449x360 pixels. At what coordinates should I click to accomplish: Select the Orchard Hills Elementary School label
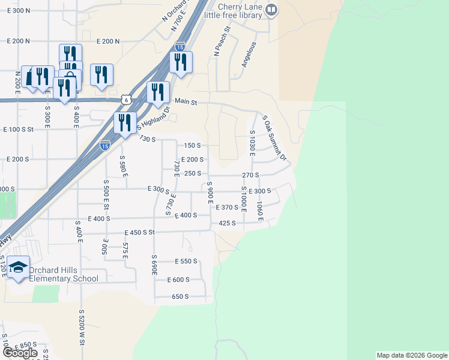click(64, 274)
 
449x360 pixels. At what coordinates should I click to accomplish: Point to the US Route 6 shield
click(124, 99)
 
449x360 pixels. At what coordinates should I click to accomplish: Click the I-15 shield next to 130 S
click(105, 145)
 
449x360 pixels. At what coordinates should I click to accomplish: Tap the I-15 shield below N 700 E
click(180, 46)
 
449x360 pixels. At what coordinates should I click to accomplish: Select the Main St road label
click(185, 102)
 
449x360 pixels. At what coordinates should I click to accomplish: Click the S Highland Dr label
click(154, 119)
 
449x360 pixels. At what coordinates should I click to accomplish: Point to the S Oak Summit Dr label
click(274, 137)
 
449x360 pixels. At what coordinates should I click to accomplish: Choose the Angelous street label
click(249, 54)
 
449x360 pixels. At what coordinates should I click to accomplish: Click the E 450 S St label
click(140, 232)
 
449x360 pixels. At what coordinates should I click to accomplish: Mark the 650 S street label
click(180, 296)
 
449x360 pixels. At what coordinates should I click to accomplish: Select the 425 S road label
click(227, 223)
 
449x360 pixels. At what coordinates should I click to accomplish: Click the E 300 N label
click(19, 11)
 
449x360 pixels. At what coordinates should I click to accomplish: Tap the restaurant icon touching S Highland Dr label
click(125, 122)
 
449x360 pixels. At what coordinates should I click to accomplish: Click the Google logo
click(20, 353)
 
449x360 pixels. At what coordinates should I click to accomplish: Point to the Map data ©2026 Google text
click(412, 355)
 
